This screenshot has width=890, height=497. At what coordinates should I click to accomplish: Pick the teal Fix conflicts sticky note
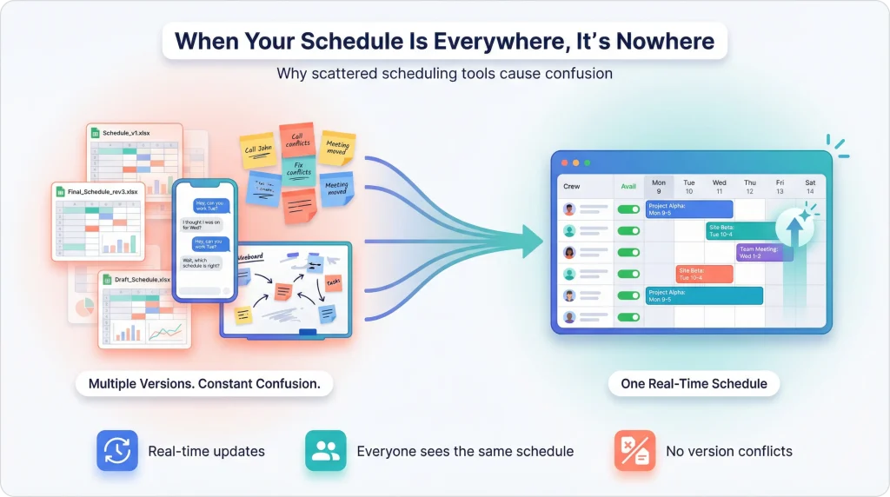click(298, 168)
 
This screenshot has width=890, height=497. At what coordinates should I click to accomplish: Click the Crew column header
click(572, 186)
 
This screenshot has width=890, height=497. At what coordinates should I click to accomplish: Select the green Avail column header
click(628, 186)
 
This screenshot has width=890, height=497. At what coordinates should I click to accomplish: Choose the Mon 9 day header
click(658, 186)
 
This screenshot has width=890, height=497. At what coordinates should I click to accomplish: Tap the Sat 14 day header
click(810, 186)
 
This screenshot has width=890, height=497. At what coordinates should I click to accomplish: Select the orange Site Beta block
click(704, 274)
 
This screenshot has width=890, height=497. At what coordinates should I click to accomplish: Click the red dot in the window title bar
click(563, 162)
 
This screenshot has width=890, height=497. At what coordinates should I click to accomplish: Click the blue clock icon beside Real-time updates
click(116, 451)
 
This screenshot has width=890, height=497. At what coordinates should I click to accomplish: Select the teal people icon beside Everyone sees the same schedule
click(325, 451)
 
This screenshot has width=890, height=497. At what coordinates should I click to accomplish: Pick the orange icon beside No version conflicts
click(634, 451)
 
